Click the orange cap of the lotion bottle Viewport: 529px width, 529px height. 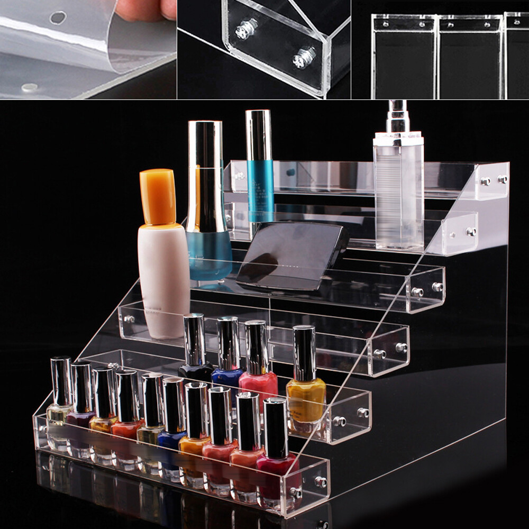[157, 196]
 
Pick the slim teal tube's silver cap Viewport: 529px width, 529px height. [259, 135]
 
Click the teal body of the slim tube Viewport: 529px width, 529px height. [260, 190]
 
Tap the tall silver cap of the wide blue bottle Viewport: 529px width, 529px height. [205, 175]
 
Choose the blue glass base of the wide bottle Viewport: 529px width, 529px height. [209, 257]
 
